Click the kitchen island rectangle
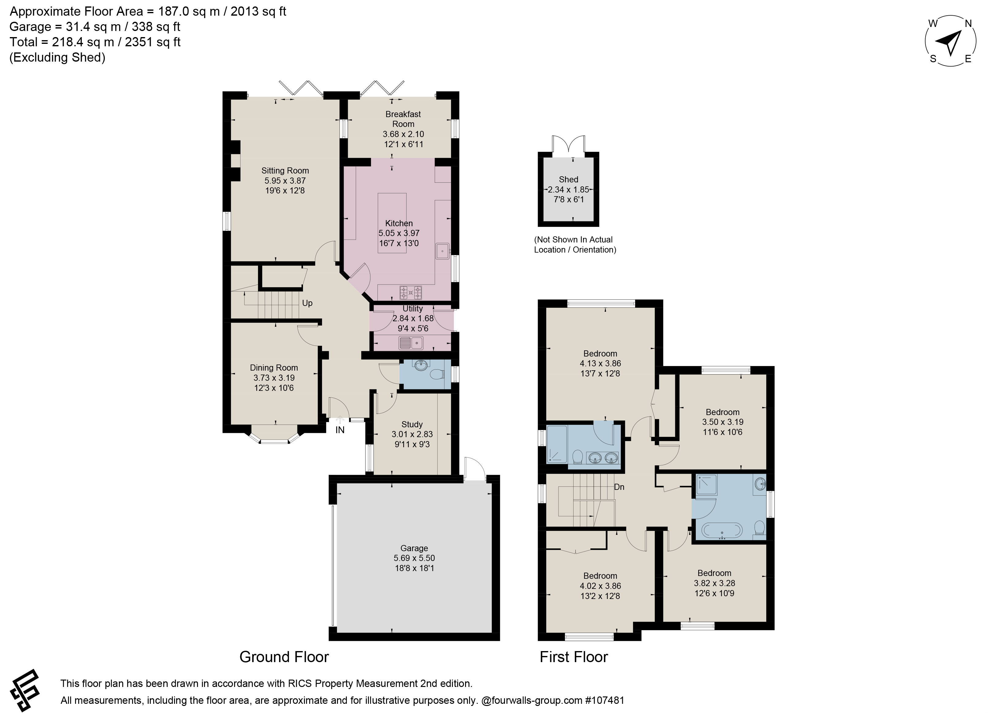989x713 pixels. tap(392, 223)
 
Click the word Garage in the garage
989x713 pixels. tap(414, 548)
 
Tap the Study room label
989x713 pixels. tap(412, 424)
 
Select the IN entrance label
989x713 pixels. tap(340, 430)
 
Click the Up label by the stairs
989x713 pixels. tap(307, 303)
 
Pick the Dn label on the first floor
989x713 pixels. tap(619, 486)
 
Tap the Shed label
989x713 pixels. tap(568, 179)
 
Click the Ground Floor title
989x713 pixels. tap(284, 657)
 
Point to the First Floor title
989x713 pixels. tap(574, 657)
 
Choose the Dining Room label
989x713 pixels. tap(274, 368)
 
